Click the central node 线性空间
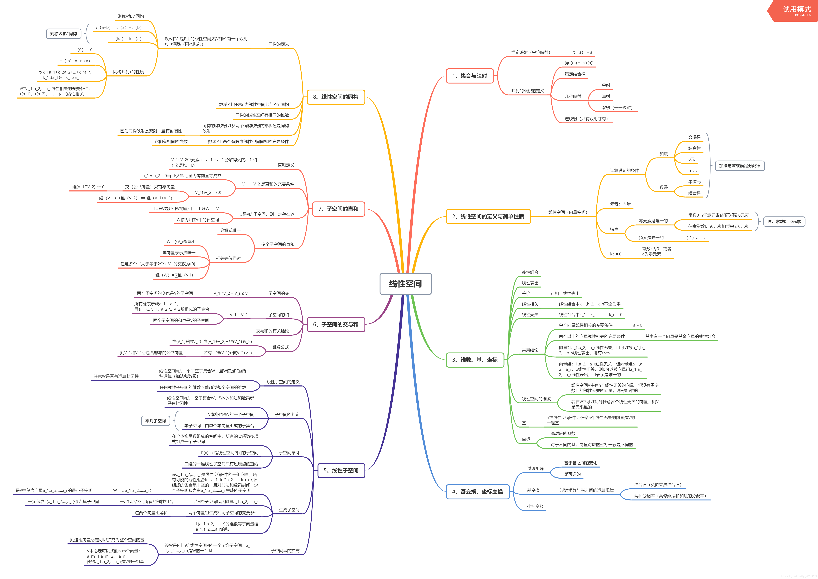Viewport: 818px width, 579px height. [x=405, y=284]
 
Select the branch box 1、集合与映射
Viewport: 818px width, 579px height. [x=469, y=76]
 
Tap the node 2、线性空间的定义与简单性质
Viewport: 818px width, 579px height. [x=488, y=216]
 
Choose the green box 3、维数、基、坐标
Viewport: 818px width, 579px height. [x=475, y=360]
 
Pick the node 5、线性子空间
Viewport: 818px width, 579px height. [x=341, y=470]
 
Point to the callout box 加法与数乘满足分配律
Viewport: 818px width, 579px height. [x=740, y=166]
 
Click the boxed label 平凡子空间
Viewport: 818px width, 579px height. [x=155, y=421]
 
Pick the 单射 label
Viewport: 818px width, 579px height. [x=606, y=85]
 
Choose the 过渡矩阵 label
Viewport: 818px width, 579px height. [x=535, y=468]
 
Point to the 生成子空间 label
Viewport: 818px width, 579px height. [x=289, y=510]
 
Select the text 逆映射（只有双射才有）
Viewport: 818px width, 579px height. [x=586, y=119]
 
